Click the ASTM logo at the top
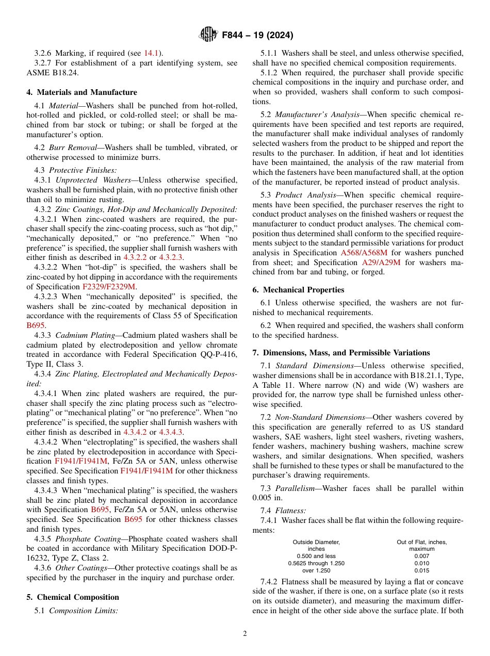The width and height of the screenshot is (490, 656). (x=208, y=35)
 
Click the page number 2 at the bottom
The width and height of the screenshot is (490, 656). (x=245, y=634)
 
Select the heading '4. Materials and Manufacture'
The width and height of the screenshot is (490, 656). (x=81, y=92)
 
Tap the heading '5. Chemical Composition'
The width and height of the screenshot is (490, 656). (x=73, y=597)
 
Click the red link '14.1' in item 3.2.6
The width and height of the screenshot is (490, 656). (x=151, y=53)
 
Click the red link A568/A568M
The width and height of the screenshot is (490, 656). (x=366, y=253)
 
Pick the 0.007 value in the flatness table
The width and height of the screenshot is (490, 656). (x=421, y=556)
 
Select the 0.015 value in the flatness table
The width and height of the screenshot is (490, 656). (x=421, y=570)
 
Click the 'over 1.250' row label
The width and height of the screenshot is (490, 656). (x=316, y=570)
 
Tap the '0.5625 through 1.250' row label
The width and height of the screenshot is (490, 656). (x=316, y=563)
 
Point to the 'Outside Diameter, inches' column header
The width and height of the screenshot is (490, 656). (x=316, y=546)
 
